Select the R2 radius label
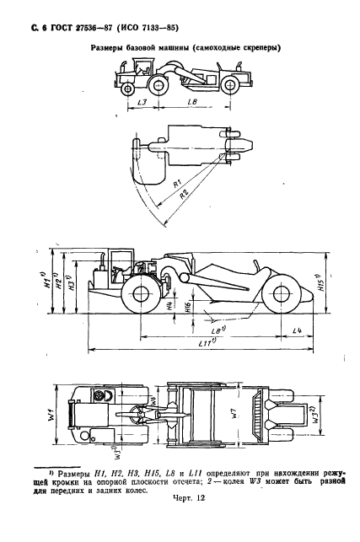click(x=183, y=194)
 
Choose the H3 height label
click(x=77, y=285)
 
